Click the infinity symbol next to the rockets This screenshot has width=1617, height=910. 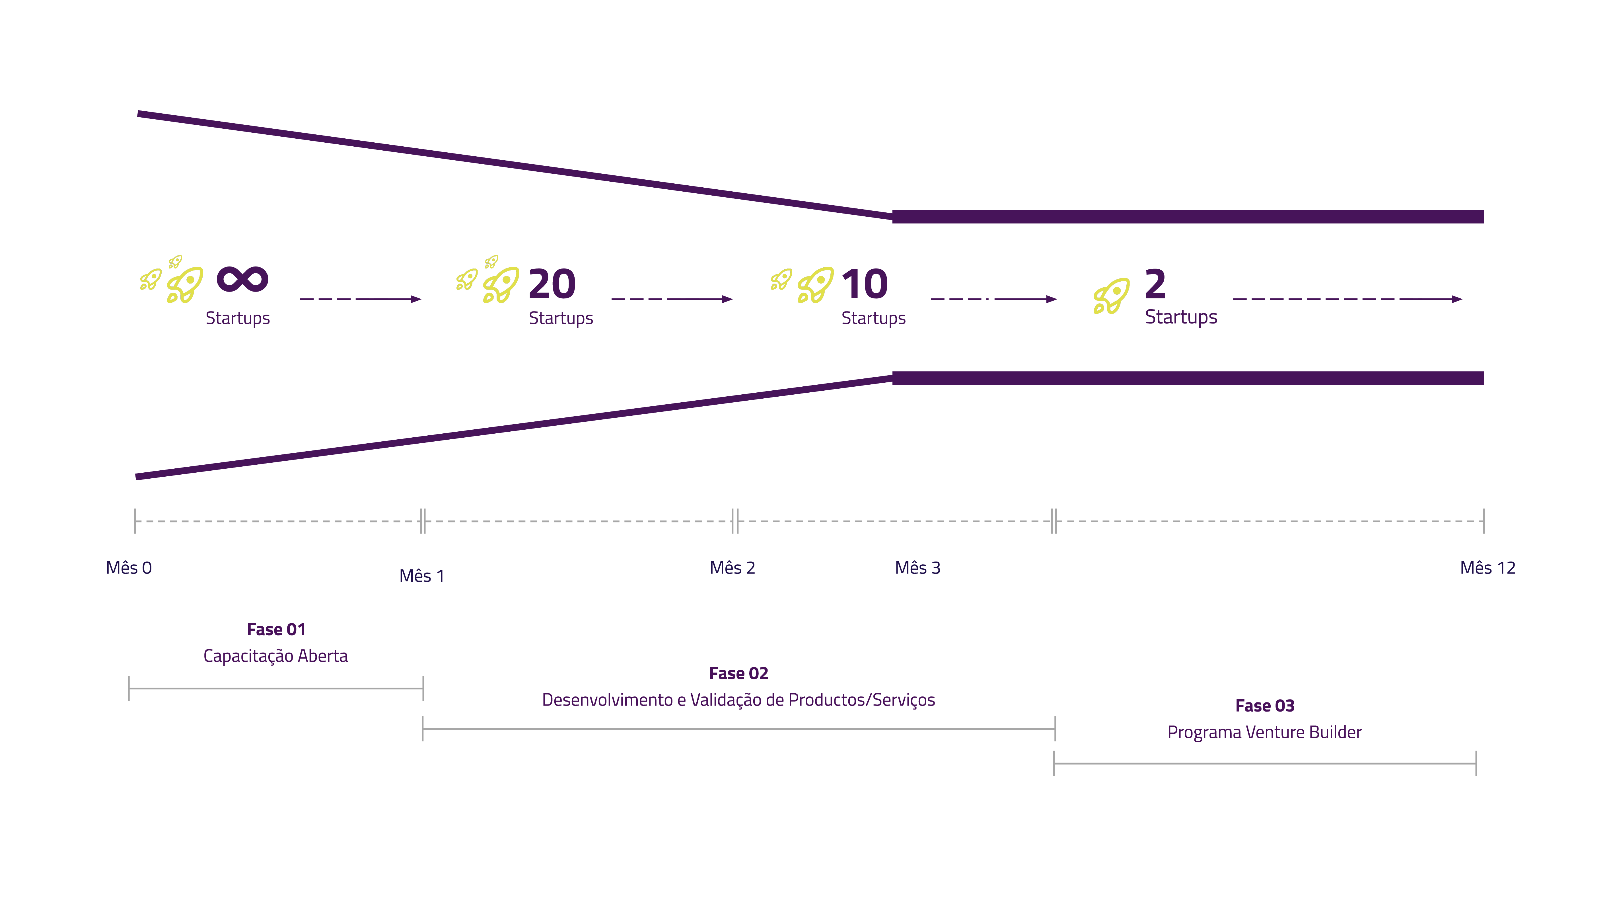tap(242, 280)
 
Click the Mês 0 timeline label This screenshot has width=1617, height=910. tap(129, 568)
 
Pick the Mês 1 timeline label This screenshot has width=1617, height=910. tap(422, 576)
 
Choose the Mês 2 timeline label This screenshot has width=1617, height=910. tap(732, 568)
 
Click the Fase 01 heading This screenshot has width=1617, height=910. tap(276, 629)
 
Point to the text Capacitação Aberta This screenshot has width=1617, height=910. tap(275, 656)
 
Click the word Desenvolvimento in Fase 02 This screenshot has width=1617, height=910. tap(607, 700)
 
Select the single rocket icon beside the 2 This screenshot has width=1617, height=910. tap(1111, 296)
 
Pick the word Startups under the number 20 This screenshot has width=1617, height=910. tap(561, 318)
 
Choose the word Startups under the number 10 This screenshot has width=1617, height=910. tap(873, 318)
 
